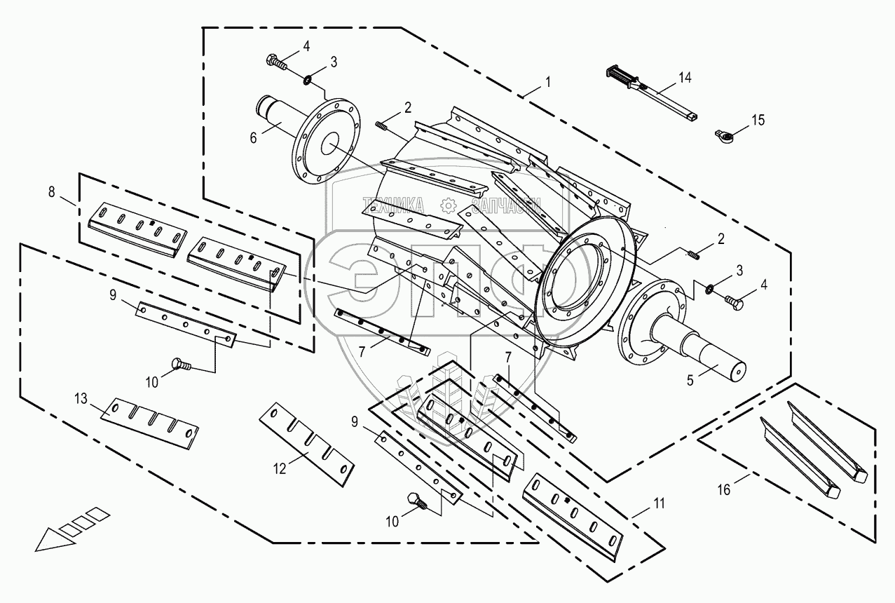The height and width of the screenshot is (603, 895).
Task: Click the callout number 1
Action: click(x=547, y=81)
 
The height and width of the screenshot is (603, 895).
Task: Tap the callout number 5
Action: click(x=690, y=381)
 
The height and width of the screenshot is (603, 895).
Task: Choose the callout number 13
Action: click(x=82, y=399)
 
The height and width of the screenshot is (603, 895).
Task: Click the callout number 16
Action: click(x=723, y=489)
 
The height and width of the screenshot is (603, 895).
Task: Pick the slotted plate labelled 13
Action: click(x=149, y=421)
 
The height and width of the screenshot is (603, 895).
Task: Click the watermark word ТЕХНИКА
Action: click(x=392, y=205)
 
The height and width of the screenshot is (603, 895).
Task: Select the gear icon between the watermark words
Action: click(x=449, y=205)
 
